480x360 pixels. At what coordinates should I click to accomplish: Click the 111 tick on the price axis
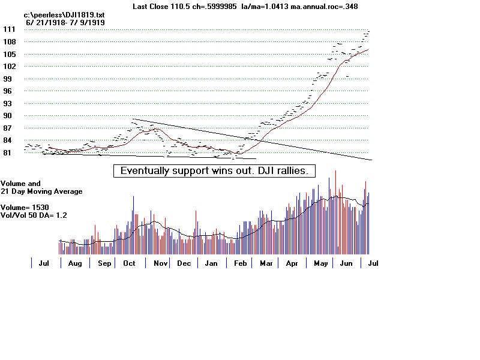coord(8,29)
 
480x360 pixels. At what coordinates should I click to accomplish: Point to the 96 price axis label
coord(8,91)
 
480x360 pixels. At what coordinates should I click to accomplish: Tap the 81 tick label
coord(8,153)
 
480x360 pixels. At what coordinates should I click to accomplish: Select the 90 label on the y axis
coord(8,116)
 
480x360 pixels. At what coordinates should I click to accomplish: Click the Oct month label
coord(129,263)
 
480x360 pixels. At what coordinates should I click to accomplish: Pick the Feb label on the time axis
coord(240,263)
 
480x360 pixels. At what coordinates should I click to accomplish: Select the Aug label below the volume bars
coord(75,263)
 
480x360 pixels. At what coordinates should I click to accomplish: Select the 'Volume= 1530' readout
coord(25,208)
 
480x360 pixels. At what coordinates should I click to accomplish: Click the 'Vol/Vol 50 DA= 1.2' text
coord(34,215)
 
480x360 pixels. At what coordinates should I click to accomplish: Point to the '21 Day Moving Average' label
coord(41,191)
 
